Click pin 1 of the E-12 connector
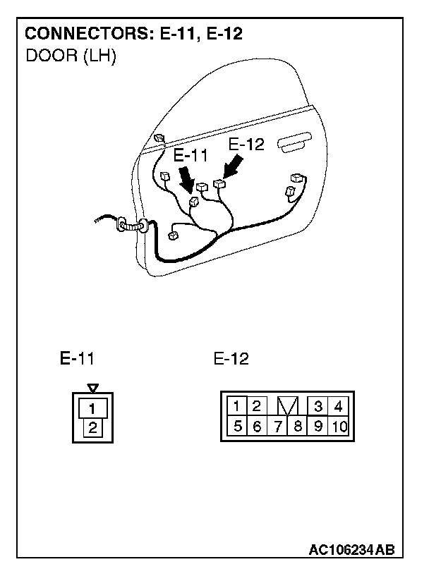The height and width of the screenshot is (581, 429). pos(238,406)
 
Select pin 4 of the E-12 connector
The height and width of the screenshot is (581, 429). pos(339,406)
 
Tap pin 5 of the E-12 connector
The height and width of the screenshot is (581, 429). pos(238,426)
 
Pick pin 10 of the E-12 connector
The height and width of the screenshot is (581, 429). pos(339,426)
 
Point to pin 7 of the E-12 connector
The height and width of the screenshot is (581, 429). pos(279,426)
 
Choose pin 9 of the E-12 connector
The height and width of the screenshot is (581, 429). pos(318,426)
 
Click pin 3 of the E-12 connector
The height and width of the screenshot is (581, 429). pos(318,406)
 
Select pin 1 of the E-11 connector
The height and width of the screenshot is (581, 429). pos(92,408)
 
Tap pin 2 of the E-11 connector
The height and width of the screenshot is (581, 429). pos(92,427)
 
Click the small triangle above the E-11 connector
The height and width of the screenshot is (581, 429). pos(92,388)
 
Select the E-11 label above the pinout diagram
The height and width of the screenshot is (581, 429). pos(77,358)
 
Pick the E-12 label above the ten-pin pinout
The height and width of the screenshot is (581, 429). pos(231,359)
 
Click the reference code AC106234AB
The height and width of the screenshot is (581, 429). pos(351,549)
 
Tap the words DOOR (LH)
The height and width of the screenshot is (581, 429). pos(71,56)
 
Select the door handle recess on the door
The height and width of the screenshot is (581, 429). pos(297,145)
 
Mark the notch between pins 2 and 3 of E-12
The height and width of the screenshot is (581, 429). pos(288,406)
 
